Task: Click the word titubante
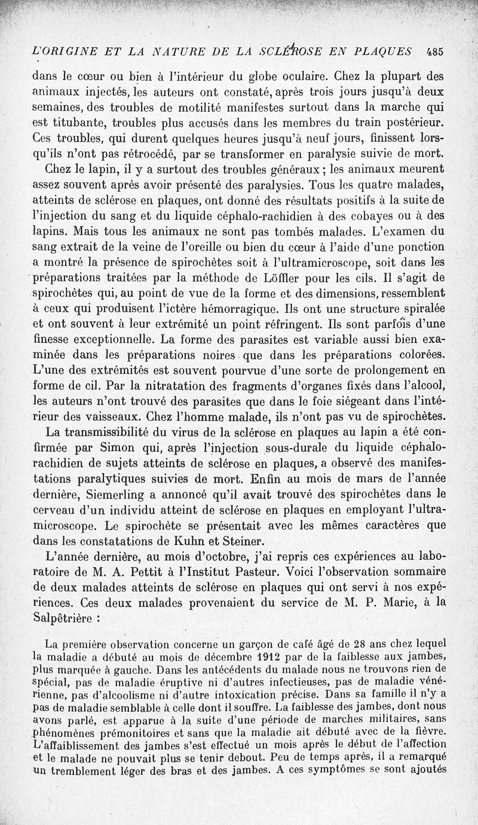tap(76, 123)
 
